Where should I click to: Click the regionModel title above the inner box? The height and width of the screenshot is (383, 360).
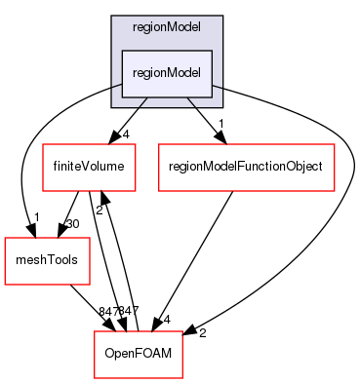[167, 27]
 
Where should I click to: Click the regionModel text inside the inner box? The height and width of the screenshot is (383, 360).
[167, 74]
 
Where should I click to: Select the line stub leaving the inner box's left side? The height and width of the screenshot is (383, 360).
[116, 86]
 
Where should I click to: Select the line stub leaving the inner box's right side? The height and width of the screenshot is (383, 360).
[217, 86]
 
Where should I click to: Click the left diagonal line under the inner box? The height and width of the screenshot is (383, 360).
[143, 101]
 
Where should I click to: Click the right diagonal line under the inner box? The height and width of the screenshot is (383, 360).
[191, 101]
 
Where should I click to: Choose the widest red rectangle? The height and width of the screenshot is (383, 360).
[246, 168]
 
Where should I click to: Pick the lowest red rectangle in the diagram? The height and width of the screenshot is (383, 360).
[138, 355]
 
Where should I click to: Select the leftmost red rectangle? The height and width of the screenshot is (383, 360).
[47, 261]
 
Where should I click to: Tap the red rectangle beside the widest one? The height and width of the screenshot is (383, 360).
[89, 168]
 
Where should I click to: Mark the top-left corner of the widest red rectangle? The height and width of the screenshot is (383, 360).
[159, 144]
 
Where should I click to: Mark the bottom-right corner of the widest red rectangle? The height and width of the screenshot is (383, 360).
[335, 191]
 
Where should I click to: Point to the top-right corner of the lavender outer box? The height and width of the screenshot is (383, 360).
[222, 17]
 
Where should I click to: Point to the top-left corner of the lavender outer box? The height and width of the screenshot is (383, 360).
[111, 17]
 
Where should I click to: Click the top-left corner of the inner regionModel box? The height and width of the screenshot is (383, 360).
[121, 51]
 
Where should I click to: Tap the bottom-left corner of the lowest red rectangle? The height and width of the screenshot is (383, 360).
[94, 378]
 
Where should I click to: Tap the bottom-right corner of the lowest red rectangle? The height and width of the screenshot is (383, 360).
[182, 378]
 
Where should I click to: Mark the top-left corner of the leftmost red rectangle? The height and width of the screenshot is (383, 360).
[5, 238]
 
